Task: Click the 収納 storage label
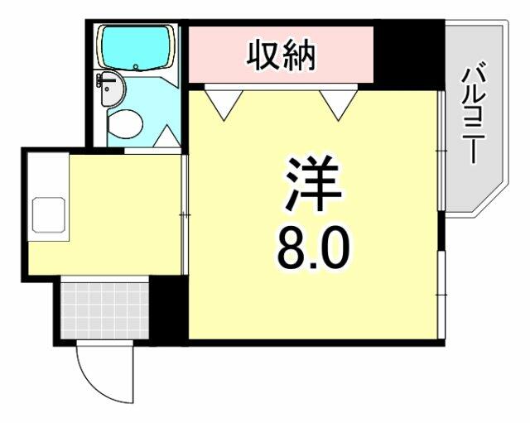(x=281, y=55)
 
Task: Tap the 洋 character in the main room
(x=313, y=184)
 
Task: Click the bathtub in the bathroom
(x=136, y=47)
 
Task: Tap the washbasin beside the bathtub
(x=110, y=89)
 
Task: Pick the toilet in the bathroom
(x=124, y=124)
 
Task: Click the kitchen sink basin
(x=48, y=215)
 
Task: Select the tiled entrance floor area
(x=105, y=310)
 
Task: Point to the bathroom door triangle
(x=167, y=136)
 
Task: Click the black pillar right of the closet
(x=409, y=54)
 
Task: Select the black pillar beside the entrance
(x=168, y=310)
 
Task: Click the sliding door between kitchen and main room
(x=184, y=214)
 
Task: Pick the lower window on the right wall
(x=441, y=295)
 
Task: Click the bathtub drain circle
(x=136, y=66)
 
